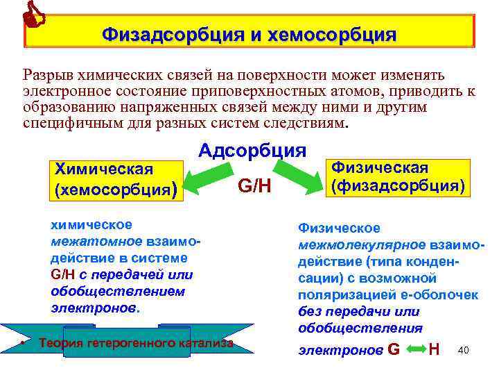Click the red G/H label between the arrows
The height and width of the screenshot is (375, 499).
254,186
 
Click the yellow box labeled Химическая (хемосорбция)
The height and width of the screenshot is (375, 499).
114,179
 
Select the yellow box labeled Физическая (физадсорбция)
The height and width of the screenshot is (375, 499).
397,176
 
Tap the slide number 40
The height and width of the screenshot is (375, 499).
464,350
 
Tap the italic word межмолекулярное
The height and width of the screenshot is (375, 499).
352,245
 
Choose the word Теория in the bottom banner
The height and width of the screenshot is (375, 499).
61,343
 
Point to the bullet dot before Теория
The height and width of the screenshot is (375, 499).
23,343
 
